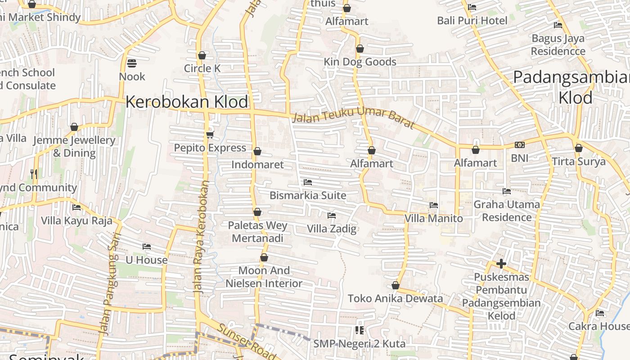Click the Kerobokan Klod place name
186,102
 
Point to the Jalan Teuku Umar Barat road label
353,117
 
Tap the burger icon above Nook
132,63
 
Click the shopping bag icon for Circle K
202,55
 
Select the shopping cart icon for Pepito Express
210,135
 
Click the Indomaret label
257,165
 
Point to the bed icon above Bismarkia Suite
308,182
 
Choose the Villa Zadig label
332,229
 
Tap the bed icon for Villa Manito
434,205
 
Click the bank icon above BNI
520,145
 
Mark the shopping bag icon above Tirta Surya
579,148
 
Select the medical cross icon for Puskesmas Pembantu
501,263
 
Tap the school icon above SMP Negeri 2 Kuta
359,330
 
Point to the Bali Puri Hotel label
472,20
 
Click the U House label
146,260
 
